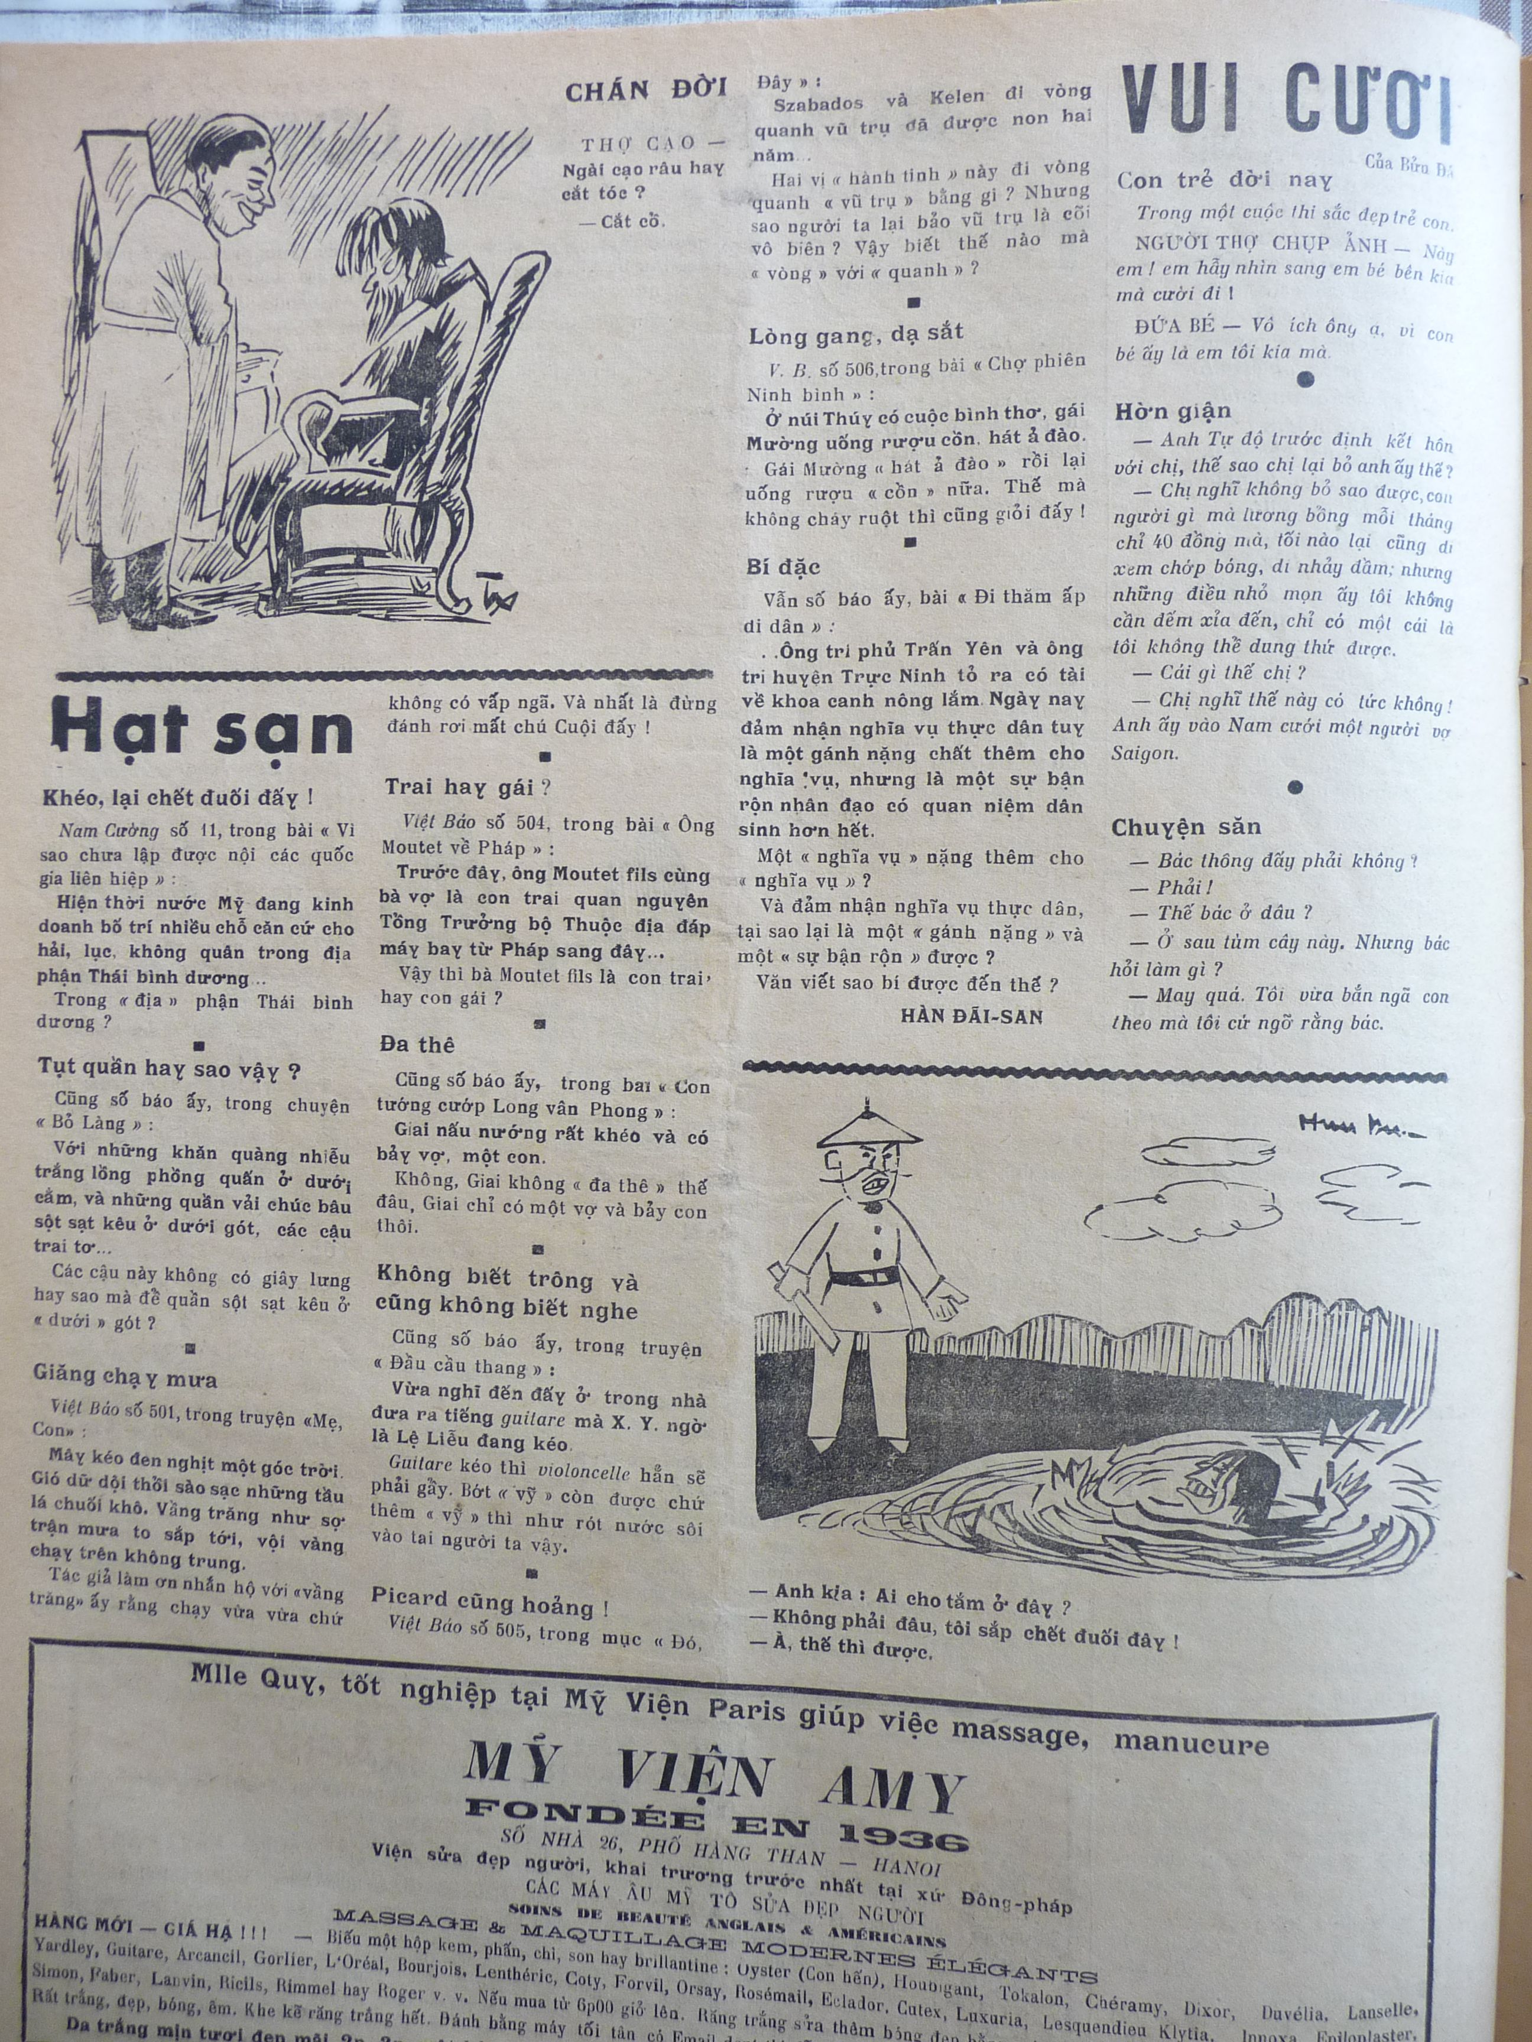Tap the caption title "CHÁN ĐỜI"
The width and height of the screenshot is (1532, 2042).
(645, 90)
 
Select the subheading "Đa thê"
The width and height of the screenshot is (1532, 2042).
(417, 1044)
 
